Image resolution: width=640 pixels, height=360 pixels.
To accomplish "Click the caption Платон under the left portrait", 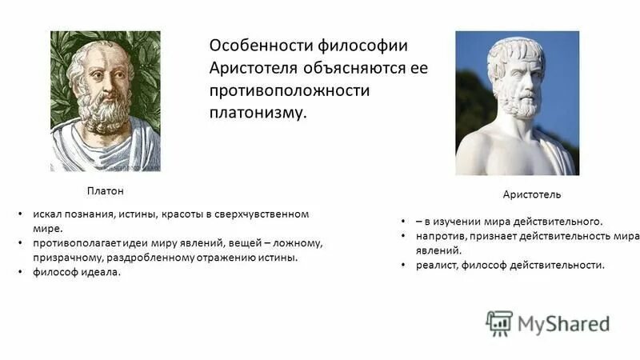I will click(x=106, y=192).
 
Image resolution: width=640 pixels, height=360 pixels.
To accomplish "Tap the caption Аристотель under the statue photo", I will click(x=531, y=195).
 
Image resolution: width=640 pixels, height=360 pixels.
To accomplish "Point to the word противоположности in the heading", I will click(x=289, y=90).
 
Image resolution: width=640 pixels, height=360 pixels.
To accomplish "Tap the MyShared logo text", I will click(x=563, y=323).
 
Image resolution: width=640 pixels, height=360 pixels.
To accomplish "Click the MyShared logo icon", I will click(x=499, y=323).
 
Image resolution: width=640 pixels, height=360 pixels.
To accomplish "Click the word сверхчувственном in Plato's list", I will click(x=260, y=214).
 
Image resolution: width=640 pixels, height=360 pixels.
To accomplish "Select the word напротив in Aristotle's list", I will click(x=440, y=236).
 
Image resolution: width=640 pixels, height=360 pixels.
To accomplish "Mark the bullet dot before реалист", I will click(x=404, y=265).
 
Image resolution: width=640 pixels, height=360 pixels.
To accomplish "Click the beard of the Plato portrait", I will click(x=105, y=116).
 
